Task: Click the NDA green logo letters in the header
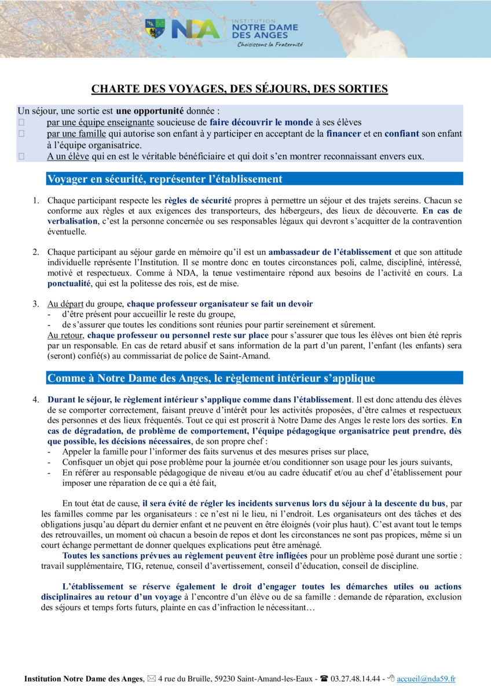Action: [x=195, y=29]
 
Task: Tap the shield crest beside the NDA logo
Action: [x=155, y=28]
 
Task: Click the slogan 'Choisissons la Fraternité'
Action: [x=270, y=45]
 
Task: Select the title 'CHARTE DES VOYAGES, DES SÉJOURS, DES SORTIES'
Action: [x=240, y=89]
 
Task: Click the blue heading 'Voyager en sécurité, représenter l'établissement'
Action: [x=164, y=179]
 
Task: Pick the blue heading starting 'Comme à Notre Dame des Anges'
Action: [x=211, y=378]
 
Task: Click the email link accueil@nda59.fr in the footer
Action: [x=426, y=679]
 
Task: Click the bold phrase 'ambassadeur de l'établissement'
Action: [x=330, y=252]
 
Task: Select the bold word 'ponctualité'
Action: [x=69, y=284]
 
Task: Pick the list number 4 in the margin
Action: [x=35, y=400]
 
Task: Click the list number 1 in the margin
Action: [x=35, y=200]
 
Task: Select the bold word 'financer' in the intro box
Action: [x=344, y=133]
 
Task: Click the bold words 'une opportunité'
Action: [x=149, y=111]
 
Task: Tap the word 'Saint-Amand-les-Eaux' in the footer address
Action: [x=276, y=679]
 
